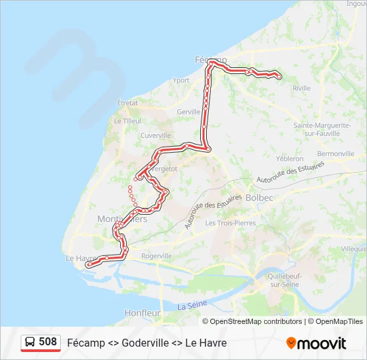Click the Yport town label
(181, 80)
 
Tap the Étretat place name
(127, 103)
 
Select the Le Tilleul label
(127, 121)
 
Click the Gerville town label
(189, 112)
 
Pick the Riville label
(302, 88)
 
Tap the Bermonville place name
(336, 153)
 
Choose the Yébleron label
(290, 159)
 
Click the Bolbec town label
(259, 197)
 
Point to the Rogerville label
(157, 255)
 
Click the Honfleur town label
(142, 312)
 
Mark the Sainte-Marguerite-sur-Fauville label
(322, 129)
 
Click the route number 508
(48, 342)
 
